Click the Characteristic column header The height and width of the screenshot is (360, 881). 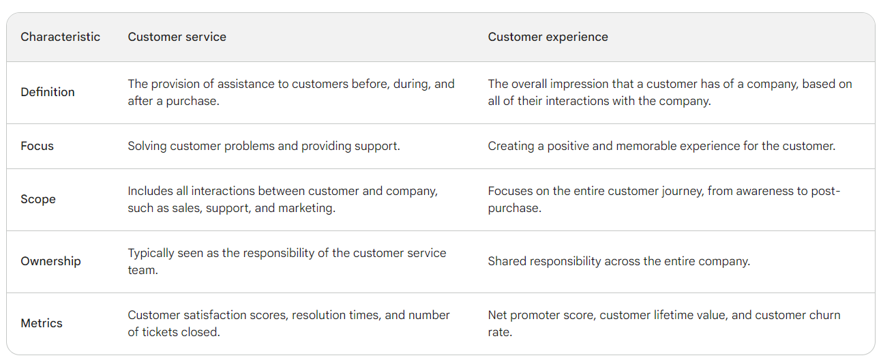(x=60, y=37)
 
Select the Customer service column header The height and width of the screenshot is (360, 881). (x=177, y=37)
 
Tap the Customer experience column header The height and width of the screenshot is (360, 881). (x=548, y=37)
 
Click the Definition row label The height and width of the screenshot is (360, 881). (x=48, y=92)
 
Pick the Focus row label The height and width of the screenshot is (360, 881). (x=37, y=146)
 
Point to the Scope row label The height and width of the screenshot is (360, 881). (x=38, y=199)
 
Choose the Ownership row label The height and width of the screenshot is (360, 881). (x=50, y=261)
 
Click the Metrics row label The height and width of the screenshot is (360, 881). (x=42, y=323)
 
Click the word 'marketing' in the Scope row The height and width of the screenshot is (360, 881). (x=306, y=208)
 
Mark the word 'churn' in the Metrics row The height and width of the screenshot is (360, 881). (x=825, y=315)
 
